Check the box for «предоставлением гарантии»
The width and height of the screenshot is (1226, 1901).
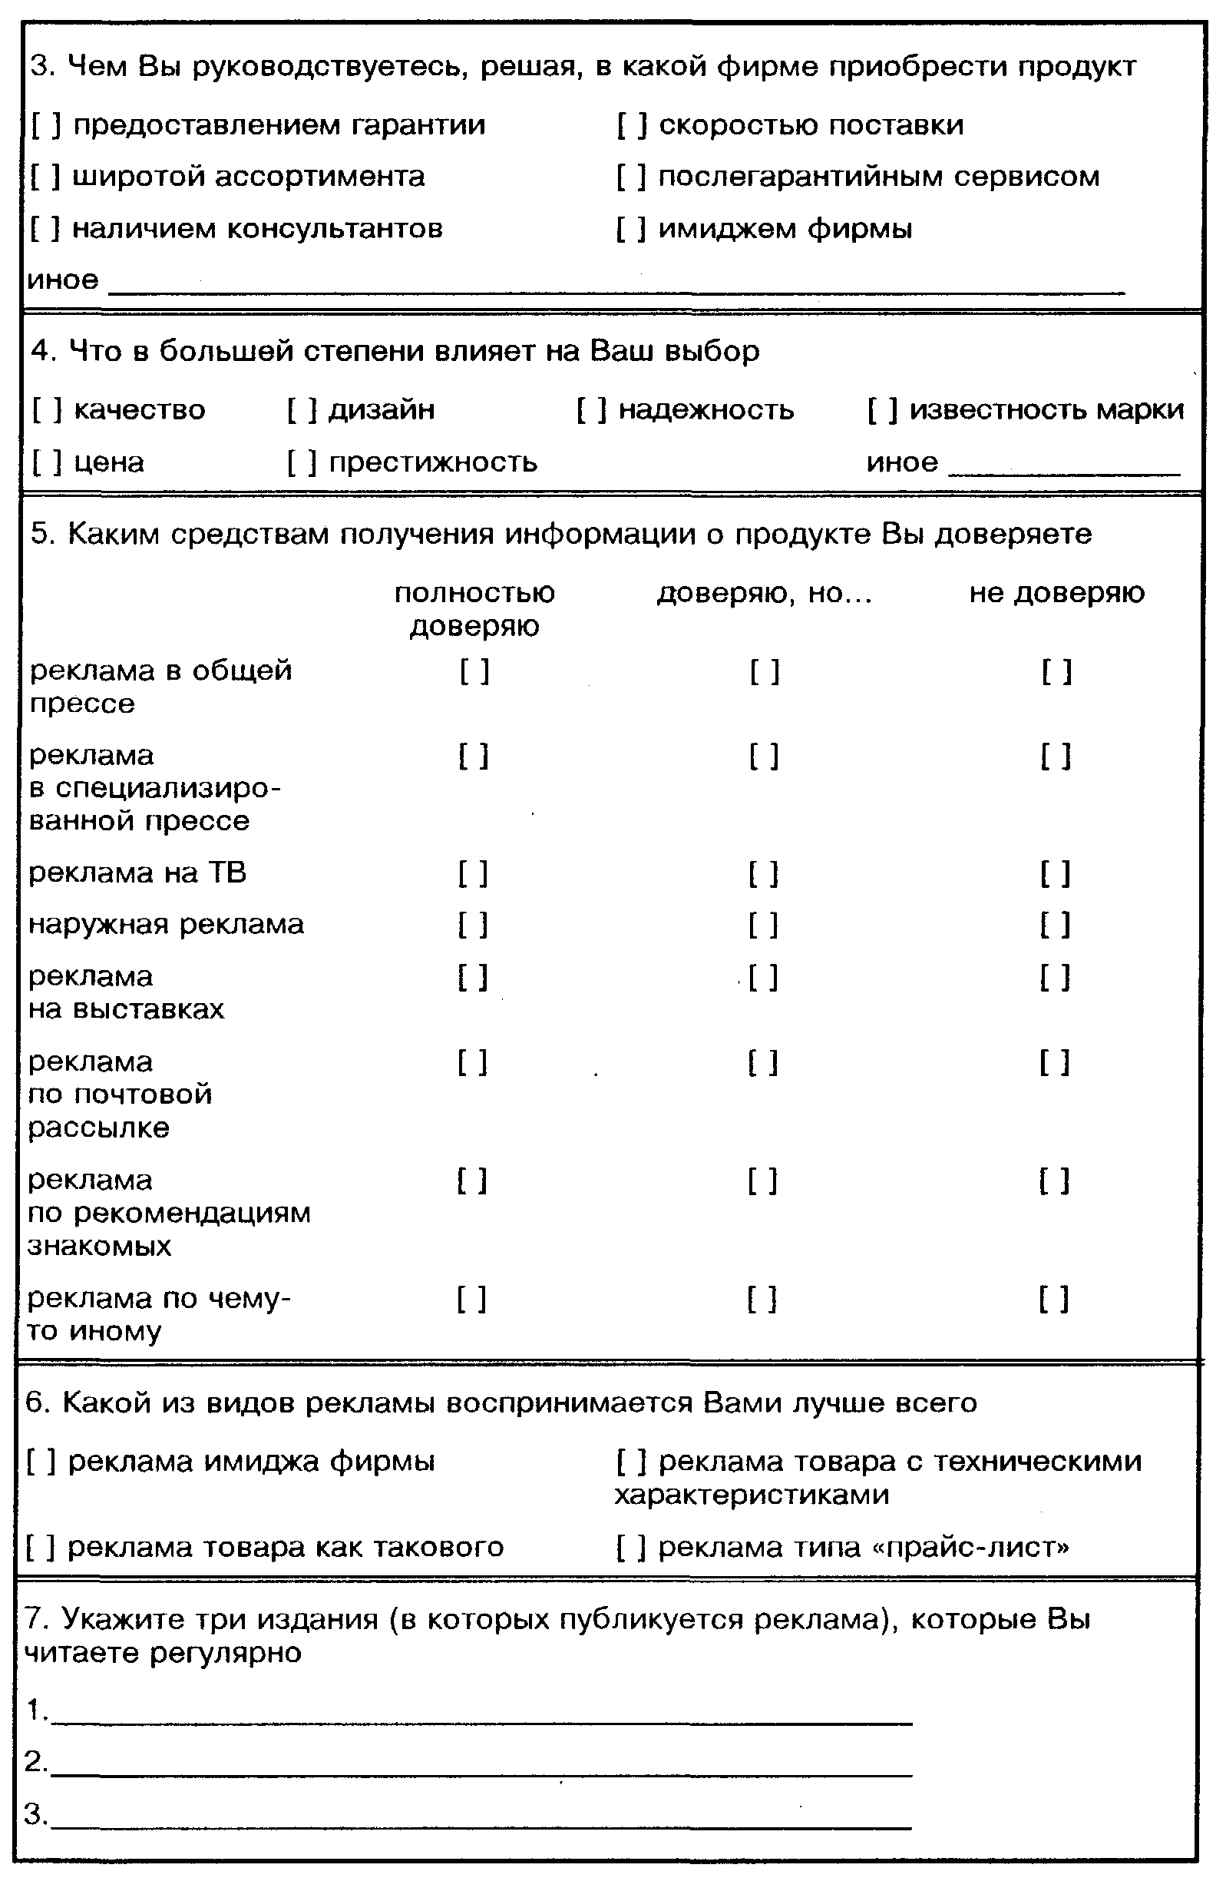pos(45,125)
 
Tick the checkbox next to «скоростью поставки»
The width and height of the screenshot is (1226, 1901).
pos(631,125)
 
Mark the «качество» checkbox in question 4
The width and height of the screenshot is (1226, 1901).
pos(47,410)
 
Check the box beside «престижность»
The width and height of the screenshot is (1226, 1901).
pos(302,462)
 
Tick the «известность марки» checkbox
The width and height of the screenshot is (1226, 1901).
pos(883,410)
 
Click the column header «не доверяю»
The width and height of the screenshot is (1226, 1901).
pos(1056,593)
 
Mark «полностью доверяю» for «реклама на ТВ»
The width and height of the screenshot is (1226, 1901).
pos(473,874)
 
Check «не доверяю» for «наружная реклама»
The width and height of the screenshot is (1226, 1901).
pos(1055,926)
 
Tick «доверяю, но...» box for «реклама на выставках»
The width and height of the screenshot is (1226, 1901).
pos(763,978)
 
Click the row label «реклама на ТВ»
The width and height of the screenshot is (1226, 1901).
pos(137,873)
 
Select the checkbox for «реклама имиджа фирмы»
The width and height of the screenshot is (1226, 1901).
pos(41,1462)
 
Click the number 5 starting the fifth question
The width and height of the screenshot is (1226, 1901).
pos(39,535)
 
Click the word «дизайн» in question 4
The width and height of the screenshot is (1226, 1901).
pos(382,410)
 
